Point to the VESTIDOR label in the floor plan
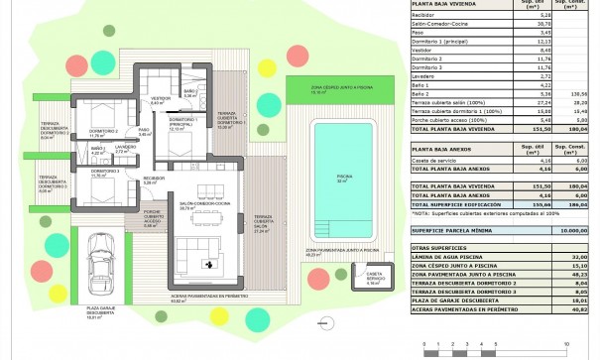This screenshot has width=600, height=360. [160, 99]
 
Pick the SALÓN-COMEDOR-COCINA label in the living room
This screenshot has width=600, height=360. [205, 206]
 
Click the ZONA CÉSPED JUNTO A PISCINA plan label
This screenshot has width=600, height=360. [324, 88]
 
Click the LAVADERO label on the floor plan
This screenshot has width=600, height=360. [125, 147]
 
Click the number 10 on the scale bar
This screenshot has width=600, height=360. [565, 341]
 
